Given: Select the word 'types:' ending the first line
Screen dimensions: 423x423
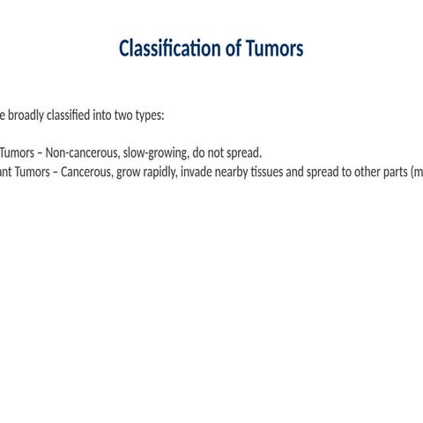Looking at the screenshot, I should point(166,115).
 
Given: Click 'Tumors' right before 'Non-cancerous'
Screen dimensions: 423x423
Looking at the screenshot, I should point(16,152).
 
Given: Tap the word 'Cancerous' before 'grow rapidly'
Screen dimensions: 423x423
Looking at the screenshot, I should point(87,171).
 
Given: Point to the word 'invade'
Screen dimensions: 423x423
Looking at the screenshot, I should point(198,171).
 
